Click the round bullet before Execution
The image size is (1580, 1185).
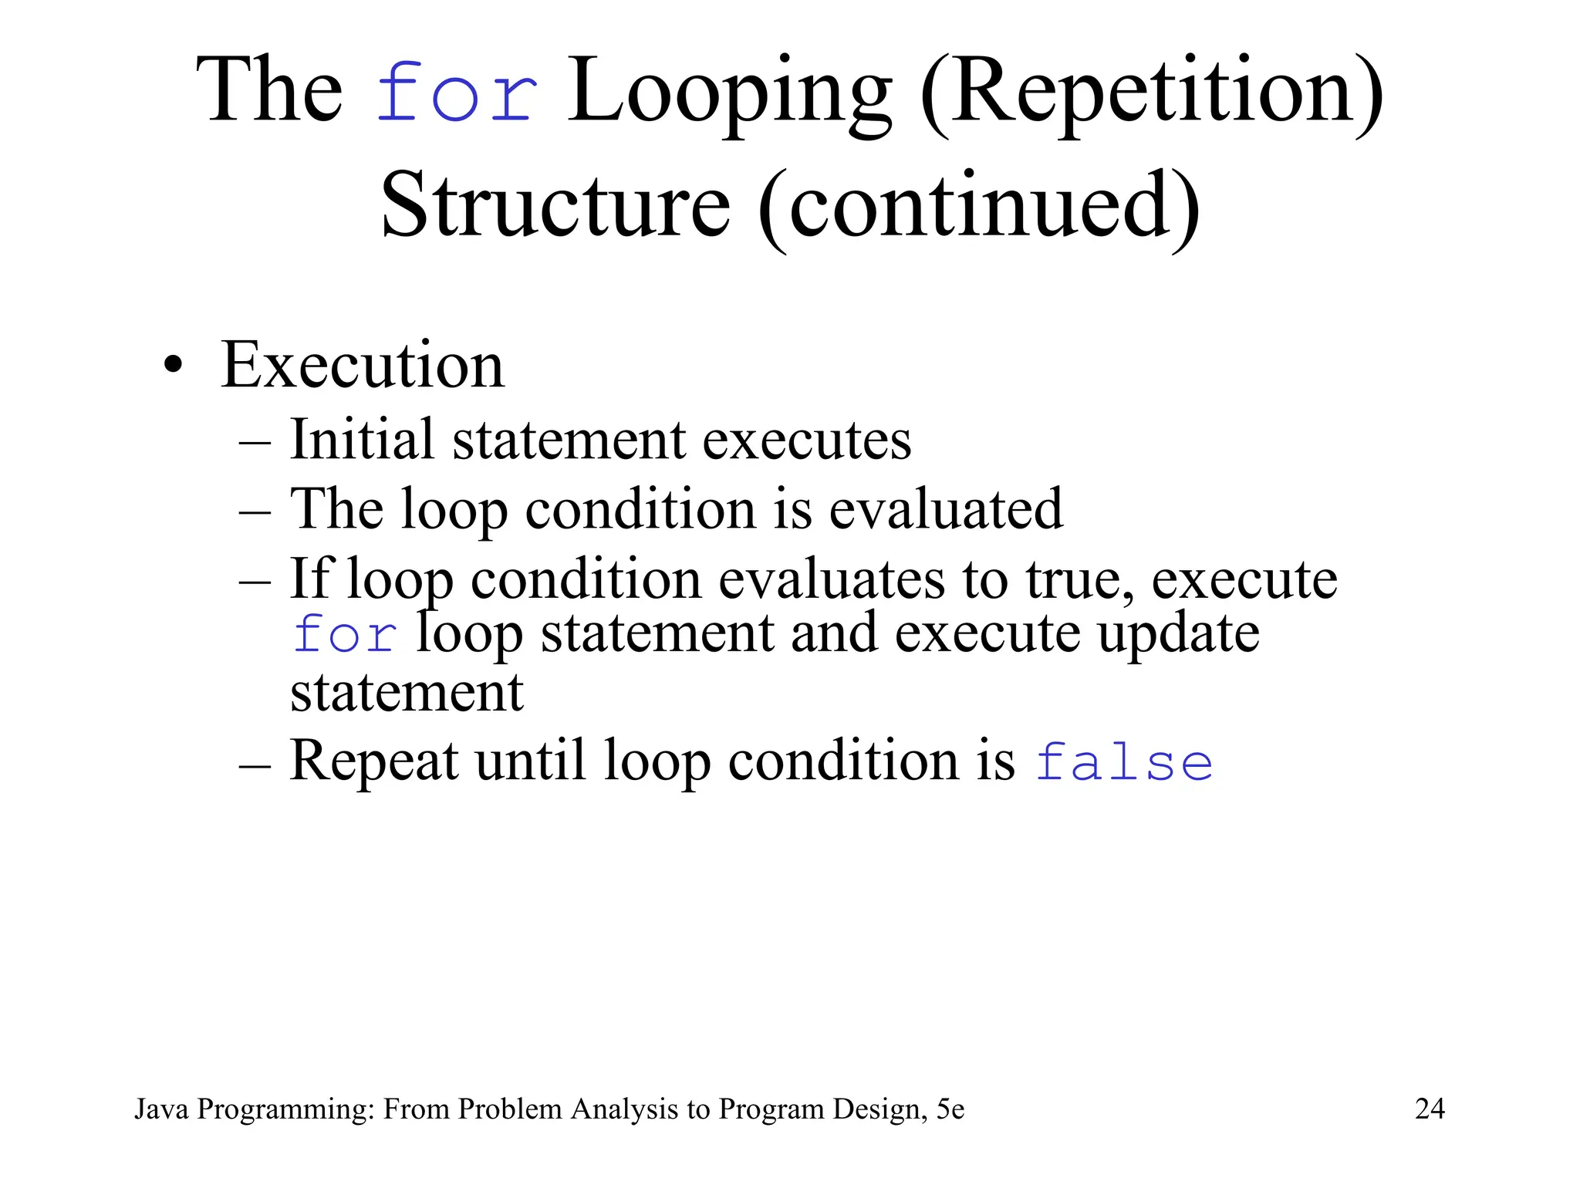[x=174, y=366]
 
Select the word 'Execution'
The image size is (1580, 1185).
[x=363, y=366]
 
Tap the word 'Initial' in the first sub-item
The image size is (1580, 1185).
[x=362, y=440]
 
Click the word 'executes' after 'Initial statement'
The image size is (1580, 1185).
[x=807, y=440]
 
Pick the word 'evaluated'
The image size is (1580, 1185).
[x=946, y=509]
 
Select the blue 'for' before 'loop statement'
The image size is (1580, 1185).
[x=345, y=636]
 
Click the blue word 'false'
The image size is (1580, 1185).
[x=1123, y=762]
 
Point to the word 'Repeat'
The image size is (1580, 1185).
[x=374, y=761]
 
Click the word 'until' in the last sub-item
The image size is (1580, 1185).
[x=529, y=761]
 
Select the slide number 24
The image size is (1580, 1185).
[x=1430, y=1109]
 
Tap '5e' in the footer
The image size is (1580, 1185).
[x=950, y=1109]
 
